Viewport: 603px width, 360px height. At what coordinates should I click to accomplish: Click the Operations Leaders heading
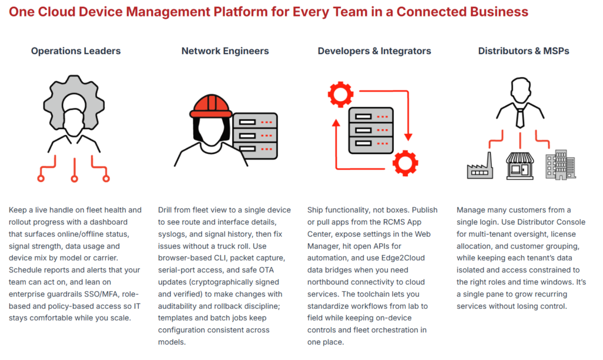point(76,51)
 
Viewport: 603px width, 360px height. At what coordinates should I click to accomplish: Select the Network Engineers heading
point(225,51)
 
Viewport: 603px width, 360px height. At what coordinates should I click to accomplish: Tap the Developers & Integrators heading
point(374,51)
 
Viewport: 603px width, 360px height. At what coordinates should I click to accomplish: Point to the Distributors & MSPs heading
point(524,51)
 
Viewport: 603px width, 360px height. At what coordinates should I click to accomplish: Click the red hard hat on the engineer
point(211,106)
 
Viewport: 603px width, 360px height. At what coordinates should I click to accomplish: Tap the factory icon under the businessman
point(480,166)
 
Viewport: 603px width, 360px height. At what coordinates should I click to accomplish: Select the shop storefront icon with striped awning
point(520,166)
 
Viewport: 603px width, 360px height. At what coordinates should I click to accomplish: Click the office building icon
point(561,165)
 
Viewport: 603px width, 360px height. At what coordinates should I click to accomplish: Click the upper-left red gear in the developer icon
point(340,94)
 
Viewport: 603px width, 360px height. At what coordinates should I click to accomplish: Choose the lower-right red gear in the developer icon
point(405,163)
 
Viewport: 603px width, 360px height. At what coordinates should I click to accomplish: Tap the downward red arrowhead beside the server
point(408,137)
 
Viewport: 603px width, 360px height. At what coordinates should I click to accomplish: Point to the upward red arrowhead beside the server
point(336,123)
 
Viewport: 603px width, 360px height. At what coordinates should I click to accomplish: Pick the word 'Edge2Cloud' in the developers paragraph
point(403,258)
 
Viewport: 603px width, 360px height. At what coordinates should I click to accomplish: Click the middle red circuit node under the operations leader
point(74,179)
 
